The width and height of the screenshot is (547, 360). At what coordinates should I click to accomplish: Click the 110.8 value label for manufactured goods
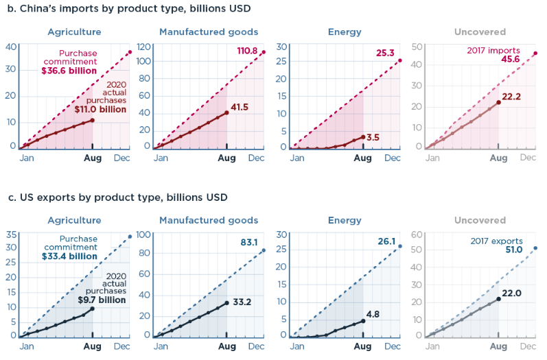coord(247,51)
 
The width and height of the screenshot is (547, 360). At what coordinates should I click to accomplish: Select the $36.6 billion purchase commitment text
coord(69,71)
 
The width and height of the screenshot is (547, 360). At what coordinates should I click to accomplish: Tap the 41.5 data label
coord(240,108)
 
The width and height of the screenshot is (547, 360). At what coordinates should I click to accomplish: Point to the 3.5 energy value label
coord(373,137)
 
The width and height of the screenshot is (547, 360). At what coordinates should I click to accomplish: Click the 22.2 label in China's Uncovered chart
coord(511,97)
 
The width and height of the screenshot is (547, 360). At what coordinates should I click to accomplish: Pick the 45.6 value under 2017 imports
coord(511,59)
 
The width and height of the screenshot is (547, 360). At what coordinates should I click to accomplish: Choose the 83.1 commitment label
coord(249,242)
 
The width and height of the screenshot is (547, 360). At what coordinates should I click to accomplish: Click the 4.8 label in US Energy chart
coord(373,314)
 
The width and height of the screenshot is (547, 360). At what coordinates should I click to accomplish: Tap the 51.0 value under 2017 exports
coord(514,250)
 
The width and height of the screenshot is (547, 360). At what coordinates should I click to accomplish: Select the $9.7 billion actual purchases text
coord(102,300)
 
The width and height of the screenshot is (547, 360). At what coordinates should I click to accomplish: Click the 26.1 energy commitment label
coord(386,241)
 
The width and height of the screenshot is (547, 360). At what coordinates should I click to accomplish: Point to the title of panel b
coord(129,8)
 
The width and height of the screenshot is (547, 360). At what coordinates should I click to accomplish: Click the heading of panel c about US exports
coord(117,197)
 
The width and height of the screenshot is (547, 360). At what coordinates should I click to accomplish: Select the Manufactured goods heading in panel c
coord(209,220)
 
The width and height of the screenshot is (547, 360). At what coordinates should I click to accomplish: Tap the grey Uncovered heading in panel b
coord(480,32)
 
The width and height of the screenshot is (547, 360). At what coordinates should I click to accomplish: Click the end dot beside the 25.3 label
coord(400,60)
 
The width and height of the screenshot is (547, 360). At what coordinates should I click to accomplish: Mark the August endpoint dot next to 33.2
coord(226,303)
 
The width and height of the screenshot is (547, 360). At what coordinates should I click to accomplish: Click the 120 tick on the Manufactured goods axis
coord(143,47)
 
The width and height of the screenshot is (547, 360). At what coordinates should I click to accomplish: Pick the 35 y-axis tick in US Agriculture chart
coord(11,235)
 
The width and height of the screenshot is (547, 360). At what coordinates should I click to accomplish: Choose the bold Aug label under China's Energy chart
coord(362,158)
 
